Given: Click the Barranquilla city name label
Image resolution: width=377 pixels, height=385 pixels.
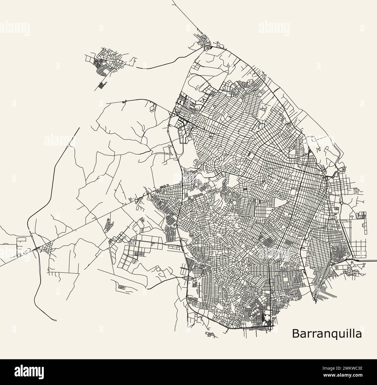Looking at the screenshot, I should click(327, 333).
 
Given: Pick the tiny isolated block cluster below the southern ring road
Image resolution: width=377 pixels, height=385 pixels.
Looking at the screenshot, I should click(211, 335).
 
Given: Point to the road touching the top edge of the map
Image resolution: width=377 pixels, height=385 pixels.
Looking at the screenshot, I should click(173, 1).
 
